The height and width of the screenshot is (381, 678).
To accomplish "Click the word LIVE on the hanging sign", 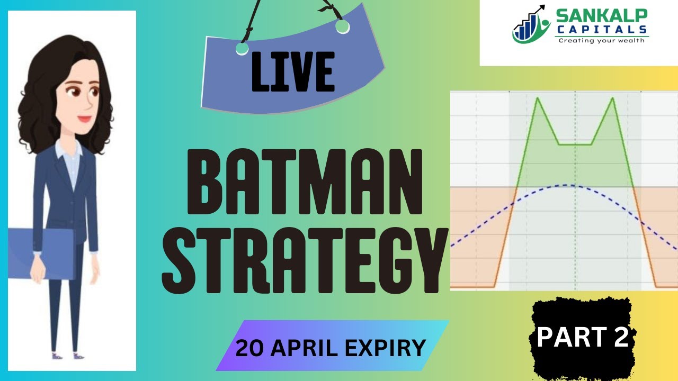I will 293,71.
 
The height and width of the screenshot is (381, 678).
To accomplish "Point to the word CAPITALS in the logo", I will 601,30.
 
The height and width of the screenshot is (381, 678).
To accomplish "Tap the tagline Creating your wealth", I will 601,41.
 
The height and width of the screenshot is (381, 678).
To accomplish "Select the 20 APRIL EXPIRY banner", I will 331,348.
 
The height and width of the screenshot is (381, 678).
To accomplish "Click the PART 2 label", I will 583,337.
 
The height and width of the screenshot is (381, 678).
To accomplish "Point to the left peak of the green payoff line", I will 538,98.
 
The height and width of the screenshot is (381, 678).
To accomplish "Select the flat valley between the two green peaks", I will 576,144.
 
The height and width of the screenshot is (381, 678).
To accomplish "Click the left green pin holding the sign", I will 242,49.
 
